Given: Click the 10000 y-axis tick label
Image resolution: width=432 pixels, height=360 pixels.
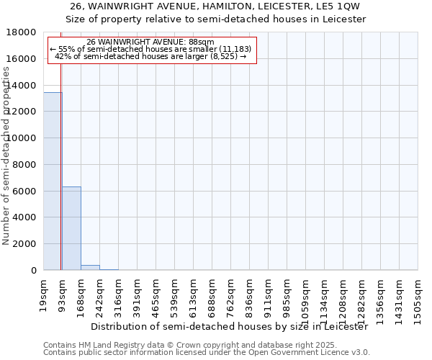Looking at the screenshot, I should (22, 138).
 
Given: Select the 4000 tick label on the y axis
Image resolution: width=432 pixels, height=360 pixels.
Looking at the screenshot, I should (25, 217).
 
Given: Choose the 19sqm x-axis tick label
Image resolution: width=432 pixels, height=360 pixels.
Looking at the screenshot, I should (44, 288).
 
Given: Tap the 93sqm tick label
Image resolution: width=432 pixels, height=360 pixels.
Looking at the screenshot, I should (63, 288).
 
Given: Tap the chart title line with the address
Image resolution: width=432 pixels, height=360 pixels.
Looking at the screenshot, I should (215, 6).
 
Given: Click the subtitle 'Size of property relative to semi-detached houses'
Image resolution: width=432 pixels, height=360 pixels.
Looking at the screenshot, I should (215, 19).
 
